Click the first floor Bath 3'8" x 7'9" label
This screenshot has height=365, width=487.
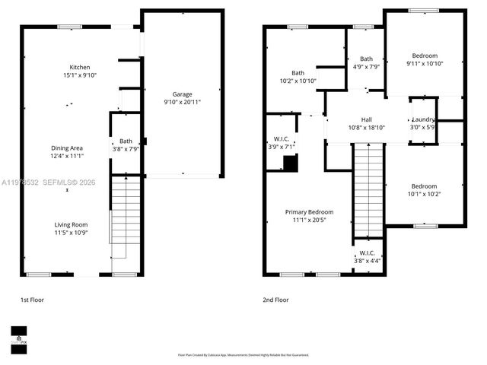[126, 144]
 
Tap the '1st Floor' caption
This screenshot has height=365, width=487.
[33, 300]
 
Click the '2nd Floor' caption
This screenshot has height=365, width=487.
[275, 300]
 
